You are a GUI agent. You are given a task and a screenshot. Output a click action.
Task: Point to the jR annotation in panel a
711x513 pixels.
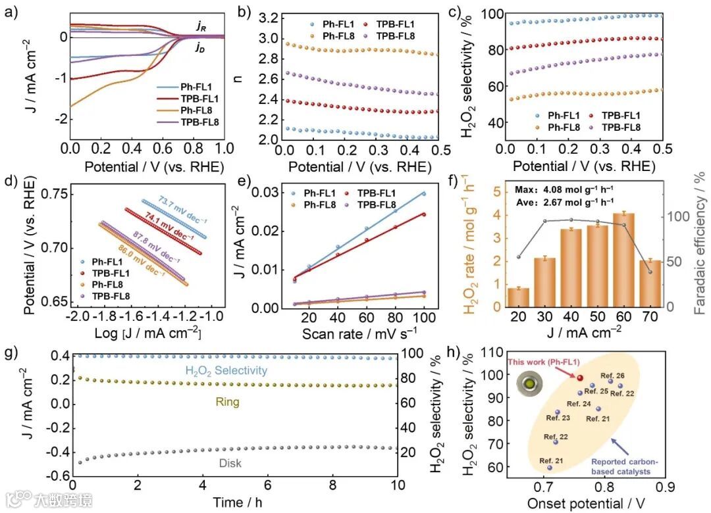pyautogui.click(x=201, y=26)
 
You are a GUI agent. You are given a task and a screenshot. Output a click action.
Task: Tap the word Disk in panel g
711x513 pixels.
pyautogui.click(x=230, y=463)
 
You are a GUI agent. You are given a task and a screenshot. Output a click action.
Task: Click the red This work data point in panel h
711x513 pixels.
pyautogui.click(x=580, y=378)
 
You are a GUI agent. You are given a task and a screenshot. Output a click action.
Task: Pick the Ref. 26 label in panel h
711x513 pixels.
pyautogui.click(x=616, y=376)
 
